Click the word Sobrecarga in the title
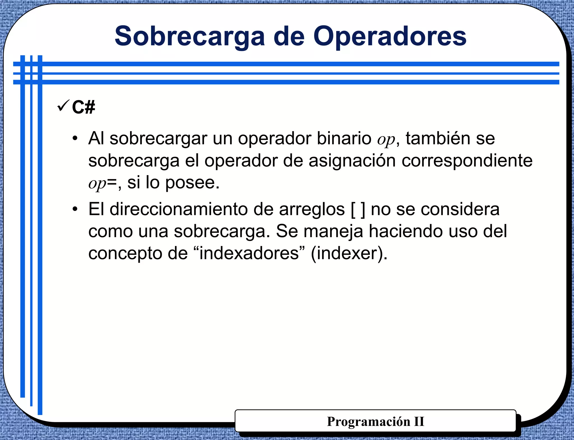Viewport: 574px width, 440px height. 190,37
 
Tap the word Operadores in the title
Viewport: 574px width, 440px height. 390,37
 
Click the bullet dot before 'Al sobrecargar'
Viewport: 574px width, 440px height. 75,139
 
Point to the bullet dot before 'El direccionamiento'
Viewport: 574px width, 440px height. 75,209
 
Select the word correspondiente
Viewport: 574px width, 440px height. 467,161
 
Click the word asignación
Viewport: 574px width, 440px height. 352,161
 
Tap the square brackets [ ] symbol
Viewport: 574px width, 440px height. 358,210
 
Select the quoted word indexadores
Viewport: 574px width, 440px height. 249,253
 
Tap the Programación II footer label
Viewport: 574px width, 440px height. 375,422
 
